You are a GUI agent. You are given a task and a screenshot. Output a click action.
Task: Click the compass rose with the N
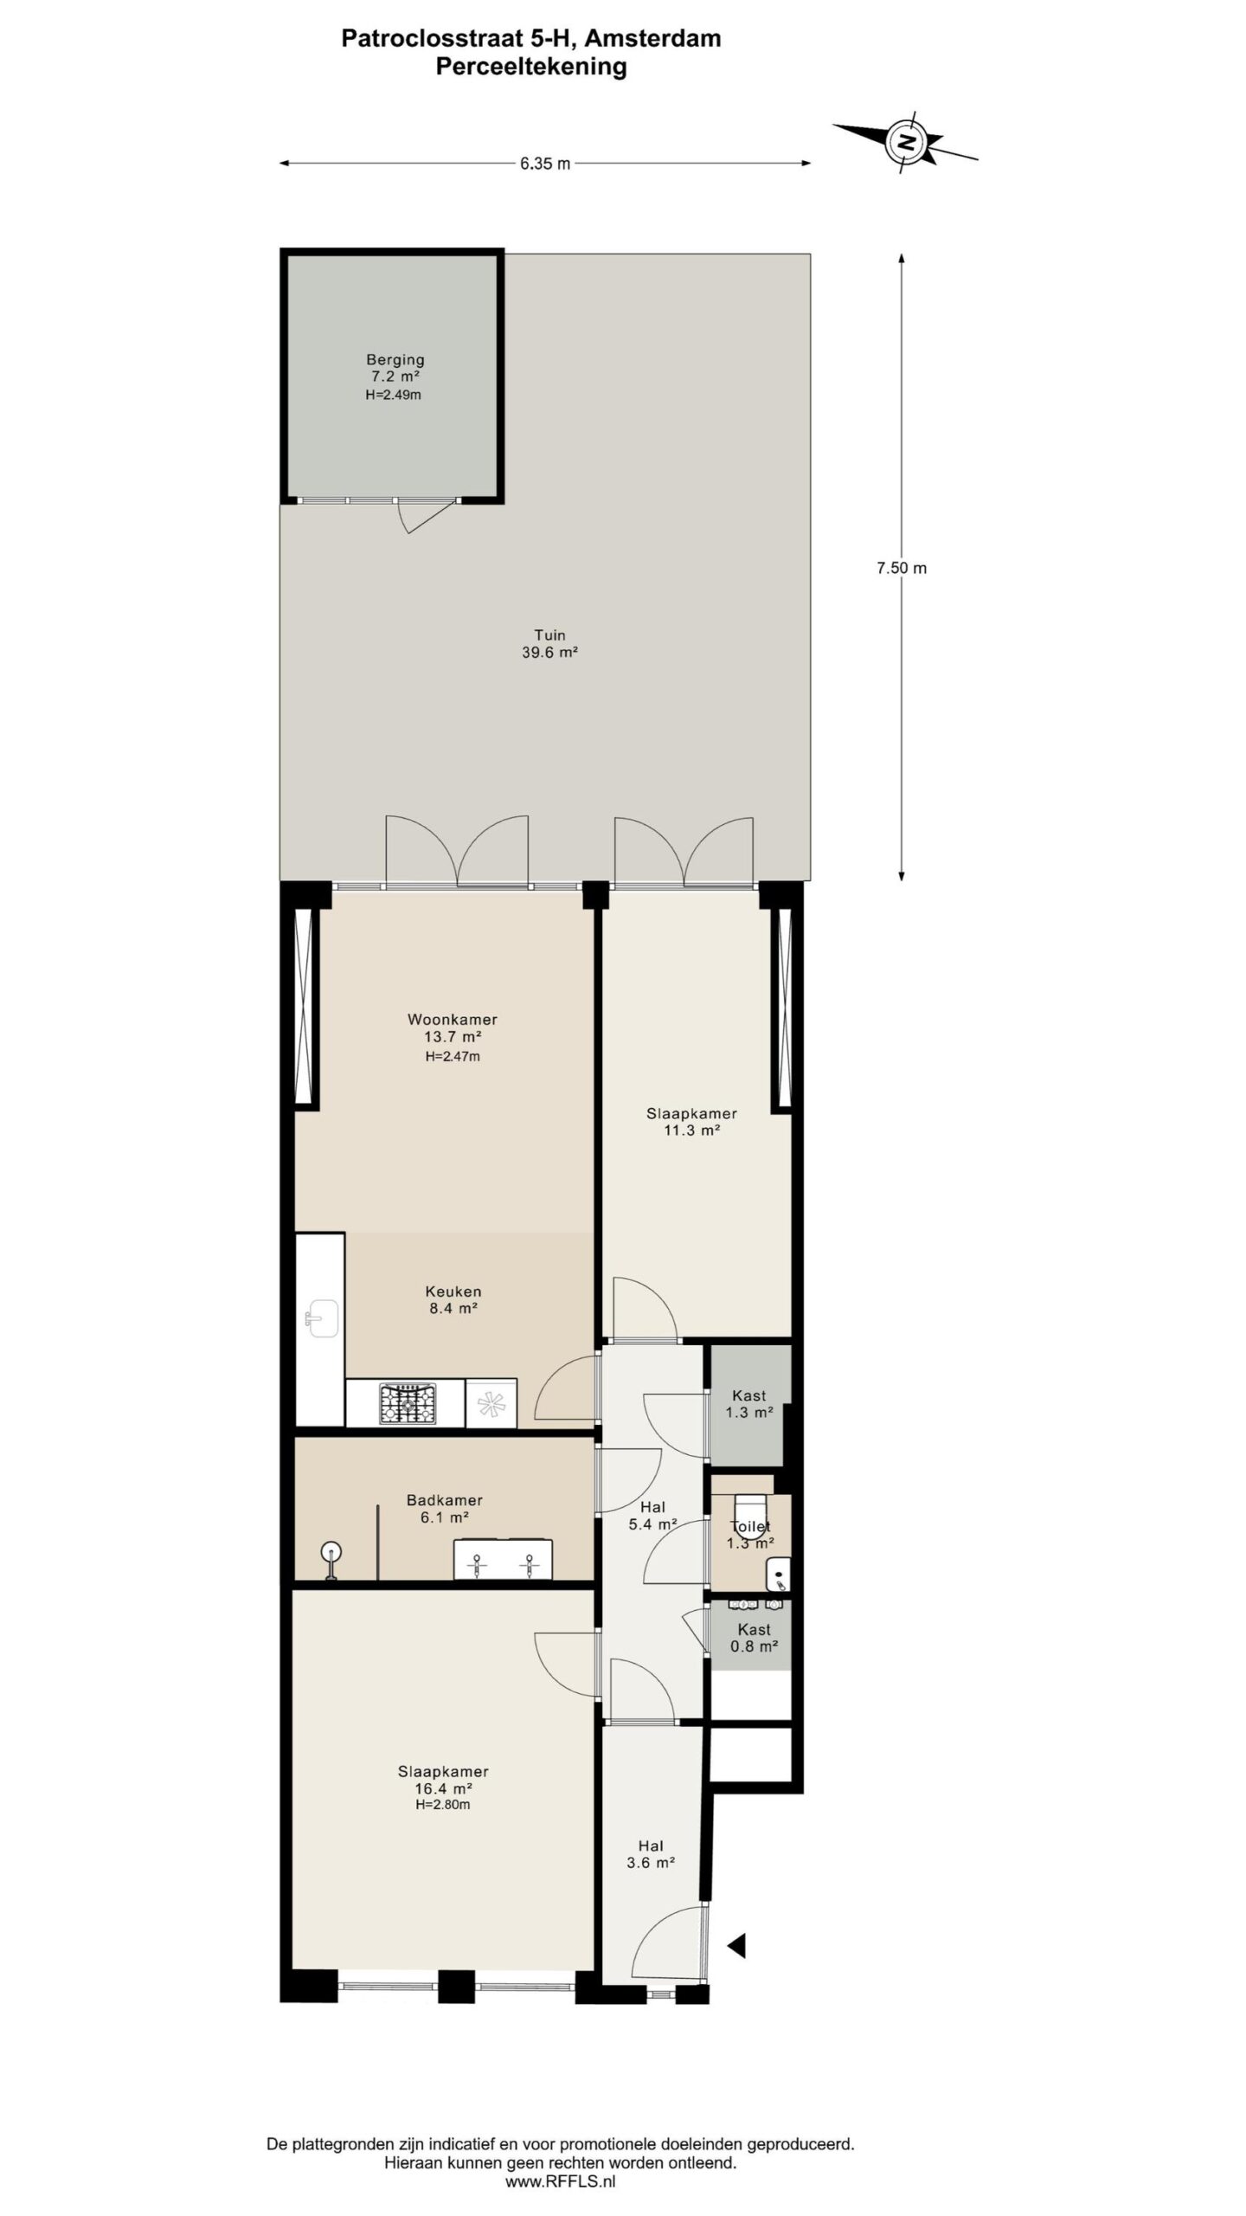(906, 141)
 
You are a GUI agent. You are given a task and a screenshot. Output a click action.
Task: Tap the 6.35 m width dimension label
(545, 164)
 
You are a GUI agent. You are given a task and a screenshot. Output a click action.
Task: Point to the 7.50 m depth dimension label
(902, 568)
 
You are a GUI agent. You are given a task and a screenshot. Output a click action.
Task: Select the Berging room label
(395, 359)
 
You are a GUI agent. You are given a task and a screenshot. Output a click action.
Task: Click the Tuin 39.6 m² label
(549, 644)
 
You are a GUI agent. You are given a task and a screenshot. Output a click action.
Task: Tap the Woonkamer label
(453, 1019)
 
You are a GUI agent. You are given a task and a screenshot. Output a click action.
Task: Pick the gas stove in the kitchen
(408, 1404)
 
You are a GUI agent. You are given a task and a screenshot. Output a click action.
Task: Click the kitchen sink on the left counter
(321, 1318)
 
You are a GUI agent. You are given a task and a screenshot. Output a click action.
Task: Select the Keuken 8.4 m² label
(453, 1300)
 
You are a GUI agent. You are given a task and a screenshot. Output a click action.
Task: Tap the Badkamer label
(444, 1500)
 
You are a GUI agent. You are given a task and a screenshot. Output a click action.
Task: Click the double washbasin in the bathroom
(503, 1559)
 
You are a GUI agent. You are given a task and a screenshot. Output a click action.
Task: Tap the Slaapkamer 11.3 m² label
(691, 1122)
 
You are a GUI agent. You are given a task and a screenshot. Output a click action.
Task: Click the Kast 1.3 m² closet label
(749, 1403)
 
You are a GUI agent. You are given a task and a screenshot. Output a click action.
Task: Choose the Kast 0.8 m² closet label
(754, 1638)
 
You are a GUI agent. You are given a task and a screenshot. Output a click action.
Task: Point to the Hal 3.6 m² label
(651, 1854)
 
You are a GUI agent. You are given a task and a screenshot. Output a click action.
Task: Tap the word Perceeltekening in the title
(531, 67)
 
